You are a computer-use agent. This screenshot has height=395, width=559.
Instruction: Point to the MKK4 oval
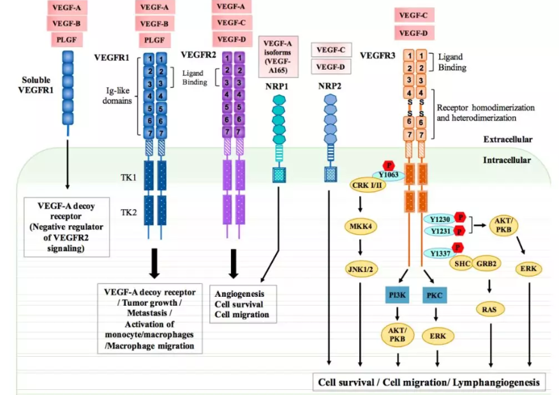point(362,226)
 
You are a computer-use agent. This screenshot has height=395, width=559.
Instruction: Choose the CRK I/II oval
point(366,185)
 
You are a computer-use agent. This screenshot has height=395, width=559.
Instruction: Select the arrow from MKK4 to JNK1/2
point(361,248)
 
